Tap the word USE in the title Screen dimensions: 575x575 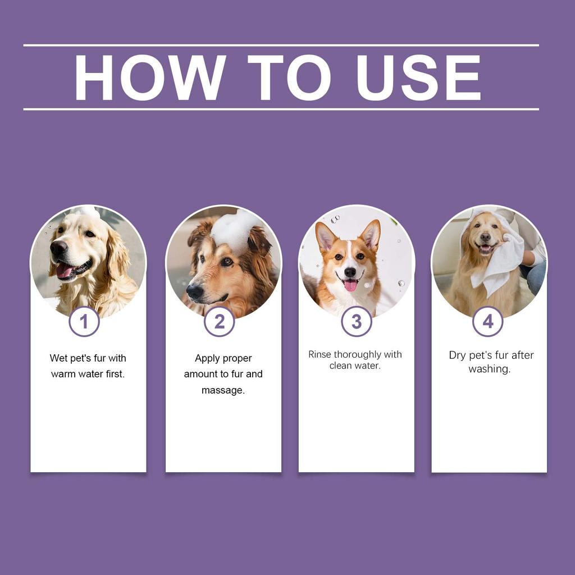click(418, 77)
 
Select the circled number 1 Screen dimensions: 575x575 click(84, 322)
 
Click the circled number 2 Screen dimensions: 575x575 click(219, 322)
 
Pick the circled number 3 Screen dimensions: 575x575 click(357, 322)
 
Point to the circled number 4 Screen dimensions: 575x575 click(487, 322)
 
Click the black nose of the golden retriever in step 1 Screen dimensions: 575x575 click(58, 247)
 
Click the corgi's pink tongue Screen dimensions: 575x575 click(350, 286)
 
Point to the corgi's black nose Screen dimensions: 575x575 click(350, 272)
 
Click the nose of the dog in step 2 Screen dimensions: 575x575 click(194, 291)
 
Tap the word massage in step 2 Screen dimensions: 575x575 click(223, 390)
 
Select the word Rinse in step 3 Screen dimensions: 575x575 click(320, 354)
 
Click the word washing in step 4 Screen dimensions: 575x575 click(489, 369)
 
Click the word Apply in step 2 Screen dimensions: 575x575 click(207, 358)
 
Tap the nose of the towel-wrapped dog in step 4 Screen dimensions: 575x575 click(485, 237)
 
